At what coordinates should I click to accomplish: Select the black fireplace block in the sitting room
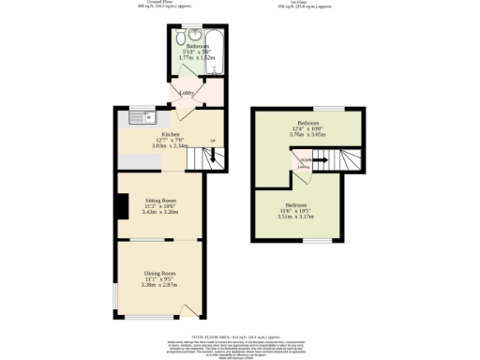121,205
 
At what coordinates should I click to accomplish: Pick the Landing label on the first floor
306,166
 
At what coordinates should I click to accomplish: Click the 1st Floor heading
313,3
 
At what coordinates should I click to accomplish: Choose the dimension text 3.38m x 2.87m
159,284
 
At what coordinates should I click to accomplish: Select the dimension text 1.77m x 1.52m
198,57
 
